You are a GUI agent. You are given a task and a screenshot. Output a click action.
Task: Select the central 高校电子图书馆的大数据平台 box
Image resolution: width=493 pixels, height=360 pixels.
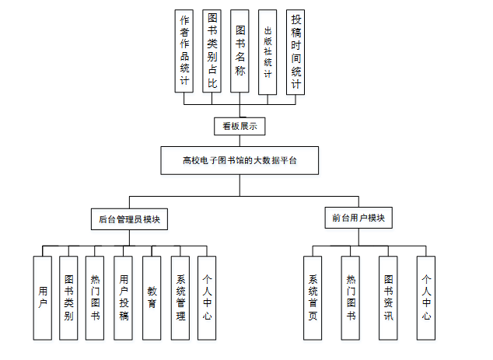click(x=240, y=160)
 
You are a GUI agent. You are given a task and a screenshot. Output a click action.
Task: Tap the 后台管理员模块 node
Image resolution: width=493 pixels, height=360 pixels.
click(x=129, y=219)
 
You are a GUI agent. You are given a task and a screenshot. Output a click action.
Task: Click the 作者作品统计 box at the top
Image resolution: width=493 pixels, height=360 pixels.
click(x=184, y=51)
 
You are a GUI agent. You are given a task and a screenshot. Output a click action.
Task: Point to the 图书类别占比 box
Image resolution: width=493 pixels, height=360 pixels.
click(x=212, y=51)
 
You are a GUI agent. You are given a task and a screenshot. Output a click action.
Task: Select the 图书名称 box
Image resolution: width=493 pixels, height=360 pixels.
click(x=240, y=51)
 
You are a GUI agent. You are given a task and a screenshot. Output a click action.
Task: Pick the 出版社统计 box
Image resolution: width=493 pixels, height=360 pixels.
click(x=267, y=52)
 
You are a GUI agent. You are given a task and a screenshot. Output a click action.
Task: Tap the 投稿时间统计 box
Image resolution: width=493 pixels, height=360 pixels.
click(x=295, y=51)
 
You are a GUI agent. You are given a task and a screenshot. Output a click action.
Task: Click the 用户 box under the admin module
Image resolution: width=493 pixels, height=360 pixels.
click(x=43, y=298)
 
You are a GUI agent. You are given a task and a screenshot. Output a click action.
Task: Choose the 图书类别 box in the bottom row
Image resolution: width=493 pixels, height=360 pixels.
click(x=69, y=298)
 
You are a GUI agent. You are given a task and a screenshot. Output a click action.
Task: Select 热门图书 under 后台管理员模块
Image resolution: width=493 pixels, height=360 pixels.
click(x=96, y=298)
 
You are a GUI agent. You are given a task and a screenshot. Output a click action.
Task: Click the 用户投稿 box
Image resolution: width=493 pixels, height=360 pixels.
click(x=124, y=298)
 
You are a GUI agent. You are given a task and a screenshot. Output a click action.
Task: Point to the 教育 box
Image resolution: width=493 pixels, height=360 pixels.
click(x=152, y=298)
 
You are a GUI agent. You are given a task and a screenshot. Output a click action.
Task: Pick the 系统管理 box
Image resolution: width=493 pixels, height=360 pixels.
click(x=180, y=298)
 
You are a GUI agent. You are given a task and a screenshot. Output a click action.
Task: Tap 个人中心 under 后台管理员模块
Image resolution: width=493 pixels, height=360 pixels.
click(x=207, y=298)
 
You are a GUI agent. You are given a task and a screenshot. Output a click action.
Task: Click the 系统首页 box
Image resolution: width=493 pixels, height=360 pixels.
click(x=313, y=298)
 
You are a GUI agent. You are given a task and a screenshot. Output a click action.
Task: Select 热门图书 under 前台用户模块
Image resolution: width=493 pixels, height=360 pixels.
click(x=350, y=298)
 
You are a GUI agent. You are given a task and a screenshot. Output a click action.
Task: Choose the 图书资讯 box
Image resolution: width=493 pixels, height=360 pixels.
click(x=388, y=298)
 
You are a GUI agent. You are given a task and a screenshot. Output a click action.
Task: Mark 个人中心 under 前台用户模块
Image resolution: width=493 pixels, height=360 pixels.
click(x=425, y=298)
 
